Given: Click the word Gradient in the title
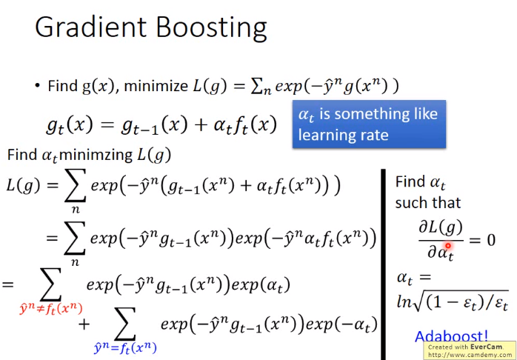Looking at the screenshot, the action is (x=90, y=27).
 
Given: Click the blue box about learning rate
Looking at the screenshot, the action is (x=369, y=124).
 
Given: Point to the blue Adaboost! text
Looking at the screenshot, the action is (x=451, y=336).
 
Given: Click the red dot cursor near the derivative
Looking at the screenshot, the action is (x=448, y=246).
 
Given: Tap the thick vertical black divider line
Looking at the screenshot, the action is (x=383, y=264).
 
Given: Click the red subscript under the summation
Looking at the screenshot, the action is (x=51, y=309).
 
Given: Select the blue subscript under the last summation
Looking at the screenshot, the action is (x=125, y=347).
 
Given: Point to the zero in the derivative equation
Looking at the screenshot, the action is (x=490, y=240).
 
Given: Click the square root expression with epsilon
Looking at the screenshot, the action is (x=453, y=301).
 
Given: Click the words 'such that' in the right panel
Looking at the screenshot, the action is (x=427, y=202).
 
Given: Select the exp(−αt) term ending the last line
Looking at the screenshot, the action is (x=341, y=324).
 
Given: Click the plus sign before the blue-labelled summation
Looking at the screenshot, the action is (x=84, y=324).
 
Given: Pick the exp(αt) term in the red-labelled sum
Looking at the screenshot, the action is (x=261, y=285).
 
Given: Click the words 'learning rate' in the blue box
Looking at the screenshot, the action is (x=343, y=135).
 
